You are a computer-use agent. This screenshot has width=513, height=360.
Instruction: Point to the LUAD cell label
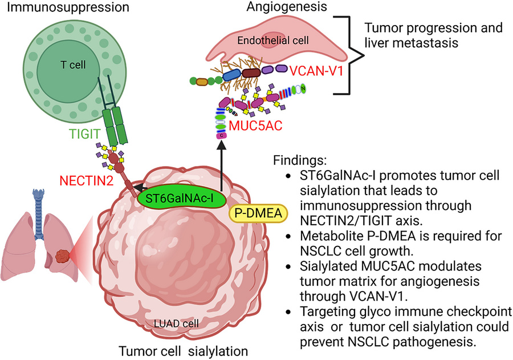click(177, 323)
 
